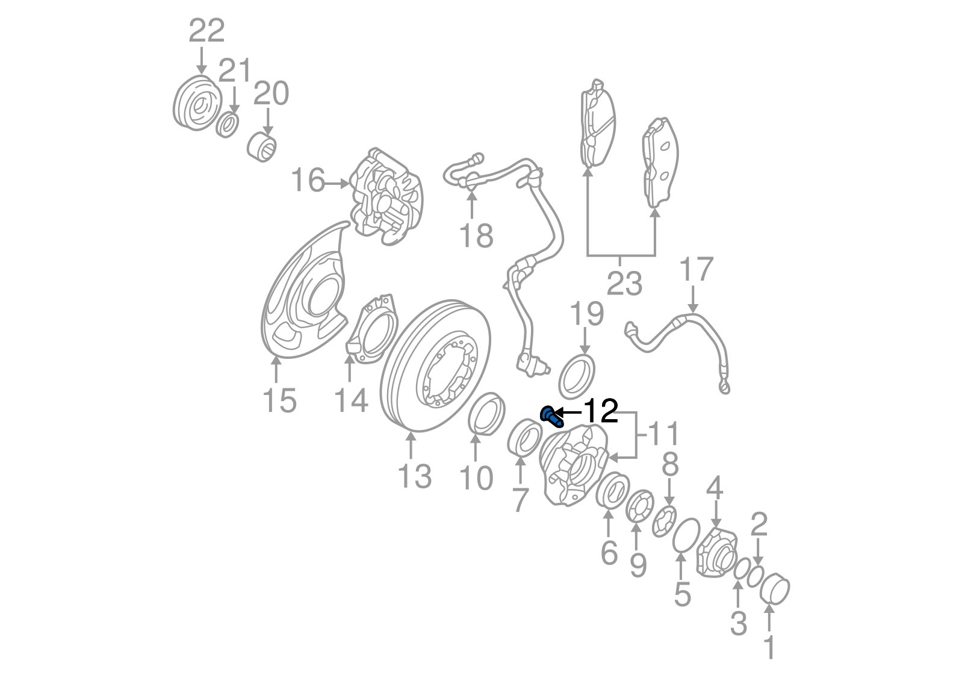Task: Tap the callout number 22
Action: [x=206, y=30]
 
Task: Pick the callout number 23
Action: [x=624, y=282]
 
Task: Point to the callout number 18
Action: [x=476, y=235]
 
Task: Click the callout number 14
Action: [x=351, y=400]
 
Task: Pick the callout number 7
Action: [x=519, y=499]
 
